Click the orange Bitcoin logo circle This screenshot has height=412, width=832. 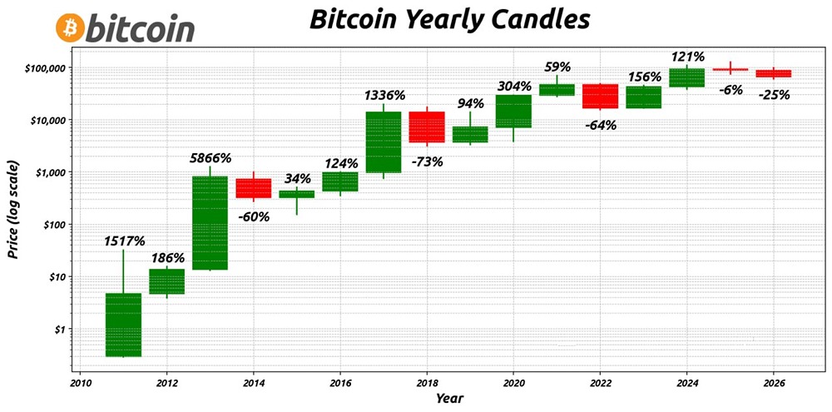[70, 28]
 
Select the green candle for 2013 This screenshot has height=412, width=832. [210, 222]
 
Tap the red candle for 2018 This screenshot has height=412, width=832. [426, 127]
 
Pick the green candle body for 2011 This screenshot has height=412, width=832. [123, 325]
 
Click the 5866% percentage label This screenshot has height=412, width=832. [211, 157]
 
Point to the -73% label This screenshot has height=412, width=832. [427, 161]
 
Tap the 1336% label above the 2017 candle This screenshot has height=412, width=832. [384, 95]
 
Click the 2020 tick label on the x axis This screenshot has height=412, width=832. [513, 382]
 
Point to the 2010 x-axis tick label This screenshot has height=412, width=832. [80, 382]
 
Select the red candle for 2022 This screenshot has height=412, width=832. [600, 96]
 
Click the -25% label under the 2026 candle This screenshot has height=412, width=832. [774, 95]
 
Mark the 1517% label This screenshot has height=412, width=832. [125, 241]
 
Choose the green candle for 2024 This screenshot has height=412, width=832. [686, 77]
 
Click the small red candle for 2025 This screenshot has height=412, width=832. [730, 70]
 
